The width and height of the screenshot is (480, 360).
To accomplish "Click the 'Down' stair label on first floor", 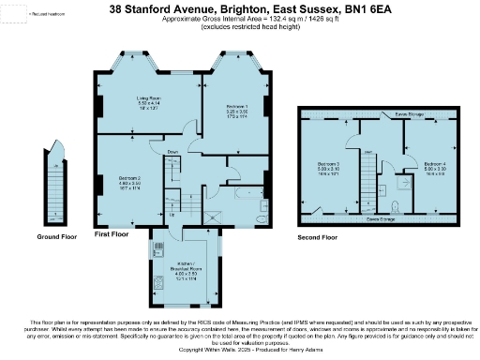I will pyautogui.click(x=172, y=152).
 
